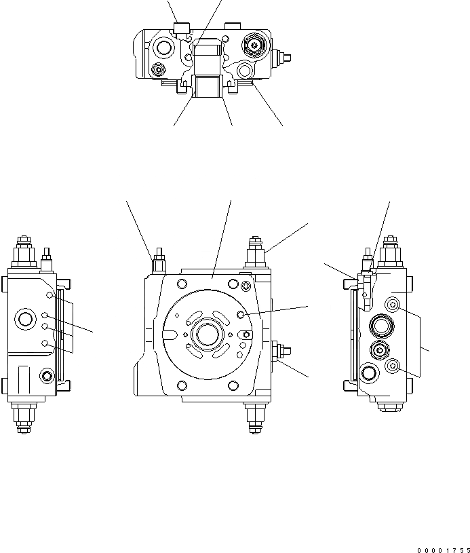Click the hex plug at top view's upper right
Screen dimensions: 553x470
tap(254, 46)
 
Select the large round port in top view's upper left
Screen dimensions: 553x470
tap(163, 47)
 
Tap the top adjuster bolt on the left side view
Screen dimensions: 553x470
tap(24, 251)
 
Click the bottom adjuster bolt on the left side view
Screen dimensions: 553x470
tap(24, 415)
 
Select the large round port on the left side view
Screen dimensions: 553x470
tap(27, 319)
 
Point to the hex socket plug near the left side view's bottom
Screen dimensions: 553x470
tap(46, 375)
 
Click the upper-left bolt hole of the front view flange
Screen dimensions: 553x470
tap(181, 284)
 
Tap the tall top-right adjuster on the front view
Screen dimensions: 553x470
tap(256, 252)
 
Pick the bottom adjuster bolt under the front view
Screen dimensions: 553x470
tap(256, 417)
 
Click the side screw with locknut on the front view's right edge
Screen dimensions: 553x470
tap(281, 351)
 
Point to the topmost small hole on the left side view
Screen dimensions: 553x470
tap(49, 296)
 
